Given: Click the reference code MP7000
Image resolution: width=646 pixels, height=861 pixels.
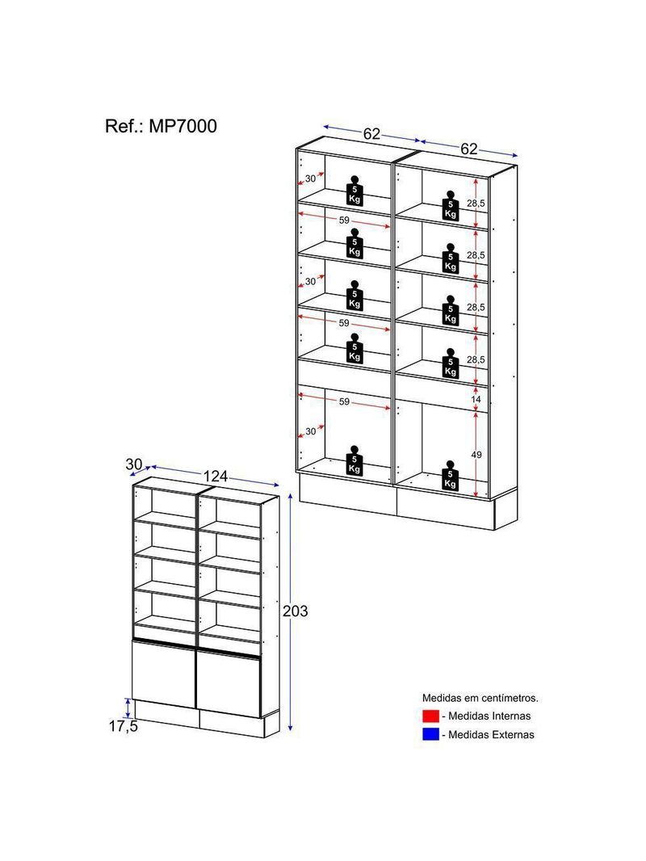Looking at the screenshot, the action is click(x=182, y=126).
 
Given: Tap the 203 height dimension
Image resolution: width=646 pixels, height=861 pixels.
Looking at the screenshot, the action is click(x=296, y=611).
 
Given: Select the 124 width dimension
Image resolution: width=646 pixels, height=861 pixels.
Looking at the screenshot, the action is click(x=215, y=476).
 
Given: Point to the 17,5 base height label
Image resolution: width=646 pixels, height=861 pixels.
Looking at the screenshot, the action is click(x=123, y=726).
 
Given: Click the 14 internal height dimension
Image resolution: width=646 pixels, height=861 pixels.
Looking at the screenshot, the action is click(x=476, y=399).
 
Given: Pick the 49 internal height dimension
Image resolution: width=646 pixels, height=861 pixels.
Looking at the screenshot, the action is click(x=476, y=455).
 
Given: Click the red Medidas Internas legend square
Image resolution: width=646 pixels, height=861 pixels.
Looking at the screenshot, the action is click(x=430, y=716).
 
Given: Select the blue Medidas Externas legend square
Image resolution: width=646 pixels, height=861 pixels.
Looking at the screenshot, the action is click(x=430, y=734).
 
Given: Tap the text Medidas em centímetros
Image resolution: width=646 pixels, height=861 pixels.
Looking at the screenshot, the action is click(x=480, y=698).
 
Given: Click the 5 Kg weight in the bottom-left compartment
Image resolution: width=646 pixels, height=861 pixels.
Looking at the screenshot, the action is click(x=354, y=460).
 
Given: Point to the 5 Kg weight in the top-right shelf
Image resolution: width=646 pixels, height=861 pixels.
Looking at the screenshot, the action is click(x=451, y=205).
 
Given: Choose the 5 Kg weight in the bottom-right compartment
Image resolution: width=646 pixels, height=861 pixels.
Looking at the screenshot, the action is click(x=451, y=475).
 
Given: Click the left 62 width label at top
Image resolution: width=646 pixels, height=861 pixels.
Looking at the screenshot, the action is click(x=371, y=133).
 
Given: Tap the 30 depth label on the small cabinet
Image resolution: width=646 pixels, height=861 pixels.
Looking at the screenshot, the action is click(x=134, y=464).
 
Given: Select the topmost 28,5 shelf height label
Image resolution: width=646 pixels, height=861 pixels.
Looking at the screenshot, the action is click(x=476, y=204).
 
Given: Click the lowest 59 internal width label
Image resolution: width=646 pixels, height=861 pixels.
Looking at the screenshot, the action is click(x=343, y=402).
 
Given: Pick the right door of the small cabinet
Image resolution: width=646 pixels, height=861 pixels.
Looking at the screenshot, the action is click(x=229, y=683).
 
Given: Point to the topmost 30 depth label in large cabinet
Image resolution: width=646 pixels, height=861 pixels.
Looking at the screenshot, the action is click(x=311, y=178).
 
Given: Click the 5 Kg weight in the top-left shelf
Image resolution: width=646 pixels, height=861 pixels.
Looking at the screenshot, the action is click(x=354, y=191).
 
